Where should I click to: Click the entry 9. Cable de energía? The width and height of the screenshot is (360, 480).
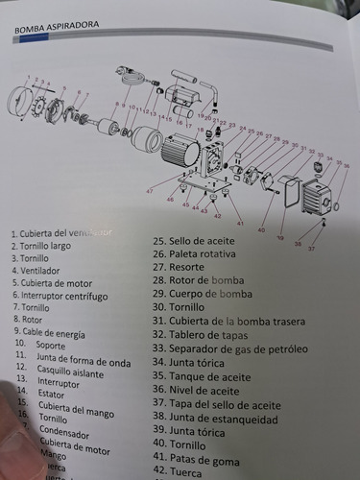click(x=49, y=332)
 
